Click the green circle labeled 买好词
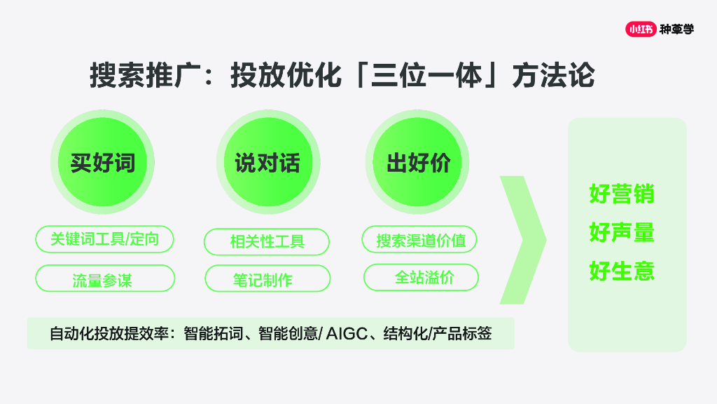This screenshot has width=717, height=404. click(102, 163)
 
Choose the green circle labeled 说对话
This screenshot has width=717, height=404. click(267, 163)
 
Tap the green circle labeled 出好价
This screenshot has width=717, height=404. click(418, 163)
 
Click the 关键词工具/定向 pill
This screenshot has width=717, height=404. click(104, 239)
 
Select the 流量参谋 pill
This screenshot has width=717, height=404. click(104, 278)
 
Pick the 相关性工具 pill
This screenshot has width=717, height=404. click(267, 242)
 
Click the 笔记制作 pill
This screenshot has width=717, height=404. click(267, 278)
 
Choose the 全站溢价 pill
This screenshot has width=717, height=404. click(421, 277)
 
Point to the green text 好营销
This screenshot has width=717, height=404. click(622, 194)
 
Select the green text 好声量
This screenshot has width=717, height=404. click(622, 232)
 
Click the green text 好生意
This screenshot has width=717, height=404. click(622, 271)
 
